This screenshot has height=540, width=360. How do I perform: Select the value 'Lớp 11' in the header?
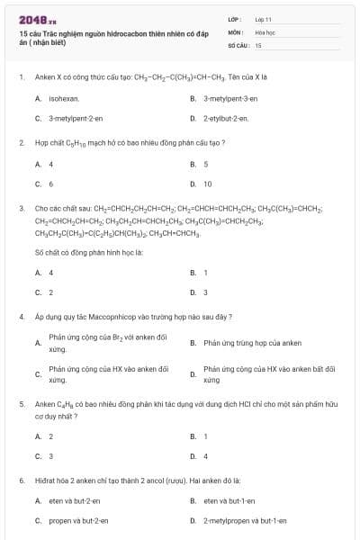263,18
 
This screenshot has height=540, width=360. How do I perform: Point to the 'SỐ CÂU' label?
238,44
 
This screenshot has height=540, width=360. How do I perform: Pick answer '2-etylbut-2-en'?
226,118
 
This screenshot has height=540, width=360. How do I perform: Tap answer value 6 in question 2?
51,184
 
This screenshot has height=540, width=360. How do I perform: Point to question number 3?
21,208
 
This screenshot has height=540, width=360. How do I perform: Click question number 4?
21,317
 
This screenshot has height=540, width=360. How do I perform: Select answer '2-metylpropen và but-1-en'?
245,520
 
